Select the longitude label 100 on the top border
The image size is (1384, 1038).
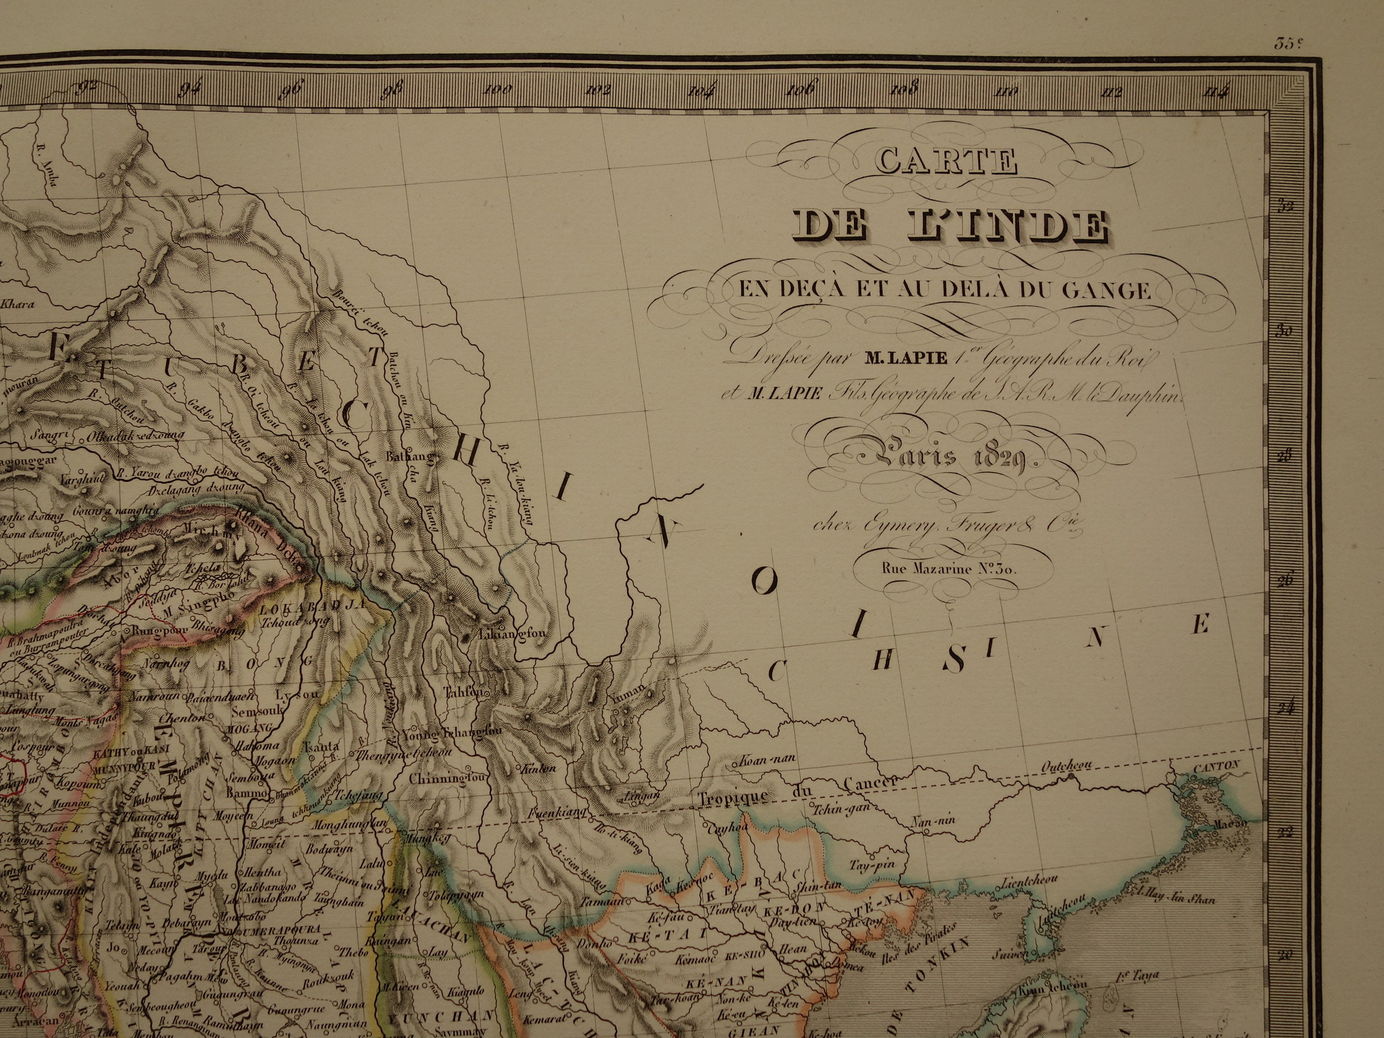(498, 90)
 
